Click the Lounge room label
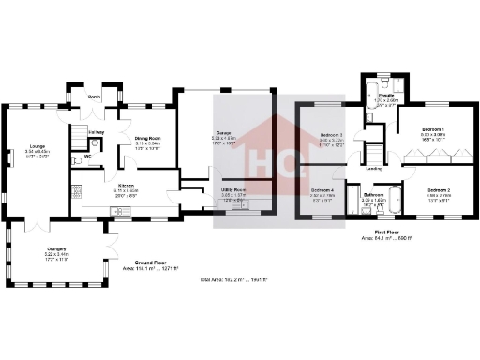click(37, 146)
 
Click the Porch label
click(94, 97)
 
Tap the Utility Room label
click(232, 189)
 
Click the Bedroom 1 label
click(432, 128)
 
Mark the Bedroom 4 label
click(322, 189)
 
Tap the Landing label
click(373, 169)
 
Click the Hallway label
click(95, 132)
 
